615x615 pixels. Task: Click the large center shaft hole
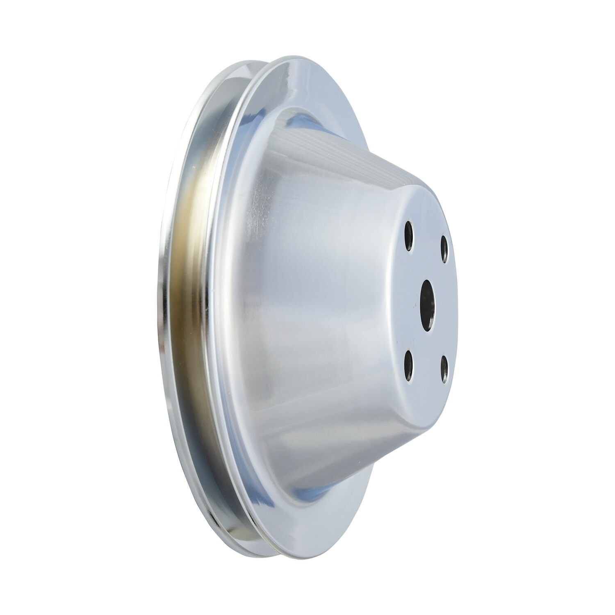[x=428, y=305]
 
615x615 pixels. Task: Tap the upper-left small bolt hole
[x=409, y=235]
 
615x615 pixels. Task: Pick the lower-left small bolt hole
[x=409, y=365]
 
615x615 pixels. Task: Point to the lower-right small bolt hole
[x=444, y=369]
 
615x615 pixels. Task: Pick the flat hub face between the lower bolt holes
[x=426, y=369]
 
